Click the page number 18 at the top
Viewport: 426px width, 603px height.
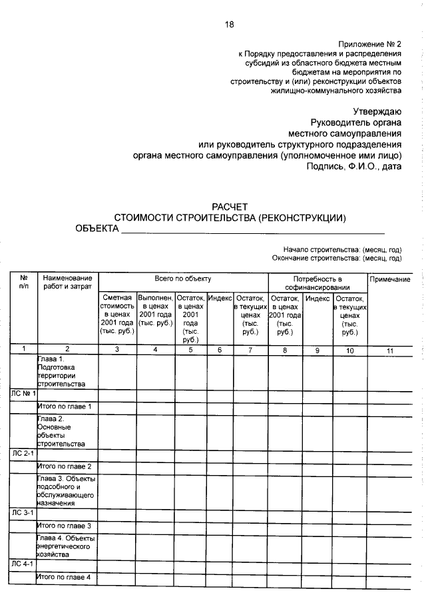230,25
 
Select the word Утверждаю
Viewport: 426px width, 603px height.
377,111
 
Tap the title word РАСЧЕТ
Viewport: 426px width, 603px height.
230,207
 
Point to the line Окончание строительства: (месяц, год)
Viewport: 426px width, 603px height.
337,257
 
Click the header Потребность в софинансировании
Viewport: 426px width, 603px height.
317,283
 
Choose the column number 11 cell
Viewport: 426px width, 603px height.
389,349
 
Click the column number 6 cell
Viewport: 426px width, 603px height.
220,349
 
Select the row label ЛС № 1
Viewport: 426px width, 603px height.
23,394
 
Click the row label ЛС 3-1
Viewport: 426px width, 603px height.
23,513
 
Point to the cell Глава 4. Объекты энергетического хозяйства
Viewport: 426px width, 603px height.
66,546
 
